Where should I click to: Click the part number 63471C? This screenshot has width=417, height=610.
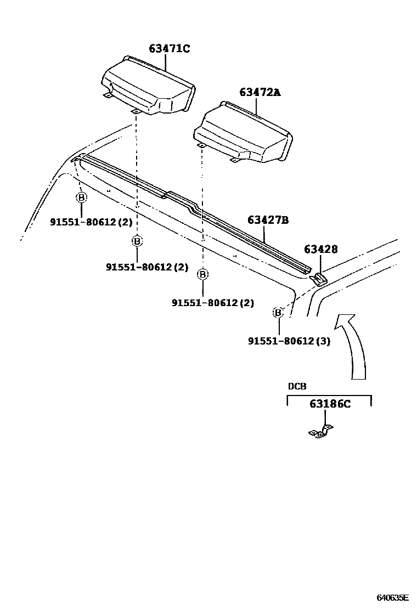[168, 49]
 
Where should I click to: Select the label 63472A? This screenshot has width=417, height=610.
[259, 92]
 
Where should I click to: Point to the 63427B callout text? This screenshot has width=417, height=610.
[268, 220]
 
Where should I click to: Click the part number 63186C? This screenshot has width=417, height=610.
[329, 404]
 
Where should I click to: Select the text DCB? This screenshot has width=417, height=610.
[297, 386]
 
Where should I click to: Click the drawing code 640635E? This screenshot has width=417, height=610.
[392, 597]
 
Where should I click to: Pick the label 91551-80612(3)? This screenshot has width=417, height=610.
[289, 341]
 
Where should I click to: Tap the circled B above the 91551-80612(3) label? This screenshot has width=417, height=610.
[278, 313]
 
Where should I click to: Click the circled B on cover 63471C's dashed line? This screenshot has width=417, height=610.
[137, 240]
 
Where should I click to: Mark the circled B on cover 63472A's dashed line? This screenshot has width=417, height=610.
[203, 274]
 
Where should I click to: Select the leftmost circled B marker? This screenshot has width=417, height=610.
[81, 197]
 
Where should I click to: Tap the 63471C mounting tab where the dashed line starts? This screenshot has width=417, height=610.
[135, 112]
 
